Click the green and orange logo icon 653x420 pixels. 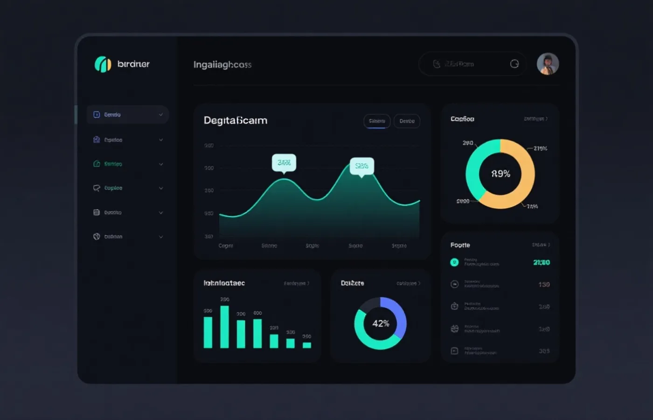click(103, 64)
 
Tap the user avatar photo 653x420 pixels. click(548, 64)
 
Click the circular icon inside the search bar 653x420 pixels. click(514, 64)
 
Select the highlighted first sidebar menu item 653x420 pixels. click(127, 114)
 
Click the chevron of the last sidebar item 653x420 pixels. click(161, 237)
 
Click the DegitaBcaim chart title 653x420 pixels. click(236, 120)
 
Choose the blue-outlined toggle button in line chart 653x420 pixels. click(377, 121)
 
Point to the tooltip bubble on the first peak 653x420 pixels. click(284, 162)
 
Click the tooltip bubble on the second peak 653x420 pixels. click(361, 166)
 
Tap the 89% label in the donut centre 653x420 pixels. click(500, 174)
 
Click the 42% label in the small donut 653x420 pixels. click(381, 323)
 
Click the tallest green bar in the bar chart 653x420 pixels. click(224, 327)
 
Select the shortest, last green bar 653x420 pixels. click(306, 345)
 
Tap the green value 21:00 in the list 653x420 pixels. click(541, 262)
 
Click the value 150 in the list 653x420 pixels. click(544, 284)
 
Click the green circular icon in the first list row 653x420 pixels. click(454, 262)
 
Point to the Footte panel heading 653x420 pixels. click(460, 245)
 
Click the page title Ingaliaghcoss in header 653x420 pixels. click(222, 64)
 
